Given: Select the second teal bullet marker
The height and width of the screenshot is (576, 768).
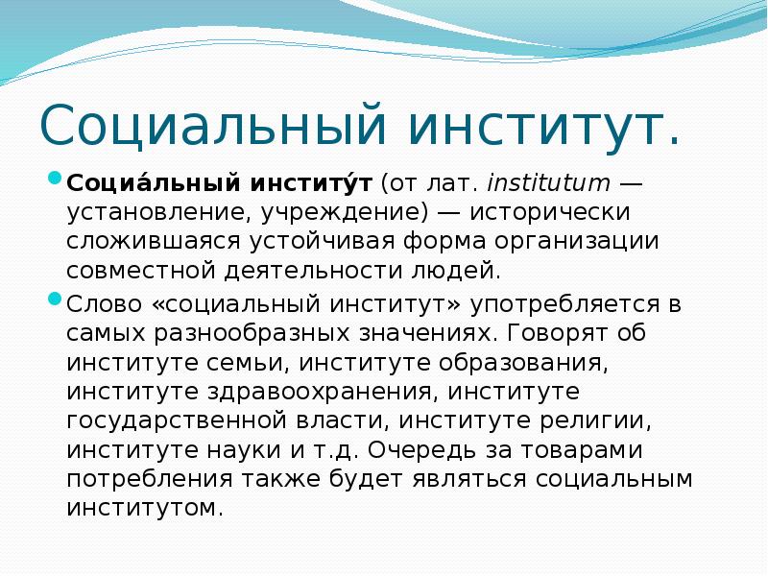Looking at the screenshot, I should click(55, 300).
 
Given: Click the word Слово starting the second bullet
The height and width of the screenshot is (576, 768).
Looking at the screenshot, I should click(104, 305).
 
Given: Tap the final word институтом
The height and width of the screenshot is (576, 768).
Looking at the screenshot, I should click(144, 508).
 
